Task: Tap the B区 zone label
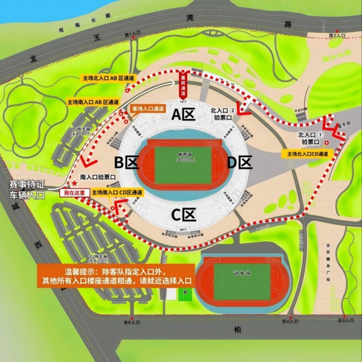(x=127, y=162)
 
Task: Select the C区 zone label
(x=183, y=214)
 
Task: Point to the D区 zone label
(x=239, y=162)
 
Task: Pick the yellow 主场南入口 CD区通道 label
(x=118, y=192)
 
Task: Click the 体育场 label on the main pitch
(x=184, y=154)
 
